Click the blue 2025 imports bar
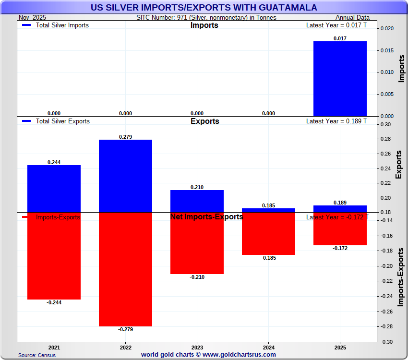point(340,79)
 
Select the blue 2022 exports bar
point(125,176)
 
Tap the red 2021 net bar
point(54,256)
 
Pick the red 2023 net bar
point(197,243)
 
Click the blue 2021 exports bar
point(54,189)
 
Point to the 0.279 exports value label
point(125,137)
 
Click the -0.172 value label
point(340,248)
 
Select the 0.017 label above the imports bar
point(340,38)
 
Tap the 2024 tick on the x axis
point(268,347)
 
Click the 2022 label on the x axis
point(125,347)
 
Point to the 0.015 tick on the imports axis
point(387,50)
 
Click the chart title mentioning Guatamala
point(204,8)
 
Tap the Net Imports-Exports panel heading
point(206,217)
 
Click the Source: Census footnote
point(37,355)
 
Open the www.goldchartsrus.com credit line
point(208,355)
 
